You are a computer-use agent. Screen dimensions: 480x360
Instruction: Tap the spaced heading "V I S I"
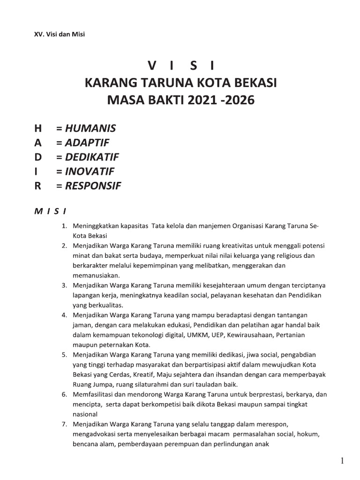pos(180,65)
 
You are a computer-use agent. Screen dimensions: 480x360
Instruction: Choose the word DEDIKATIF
pos(92,157)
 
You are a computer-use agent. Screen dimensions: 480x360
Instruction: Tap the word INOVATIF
pos(90,171)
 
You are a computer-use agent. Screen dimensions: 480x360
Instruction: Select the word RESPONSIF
pos(93,186)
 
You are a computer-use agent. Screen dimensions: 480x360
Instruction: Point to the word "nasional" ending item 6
pos(85,414)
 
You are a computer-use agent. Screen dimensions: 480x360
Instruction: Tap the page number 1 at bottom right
pos(343,461)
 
